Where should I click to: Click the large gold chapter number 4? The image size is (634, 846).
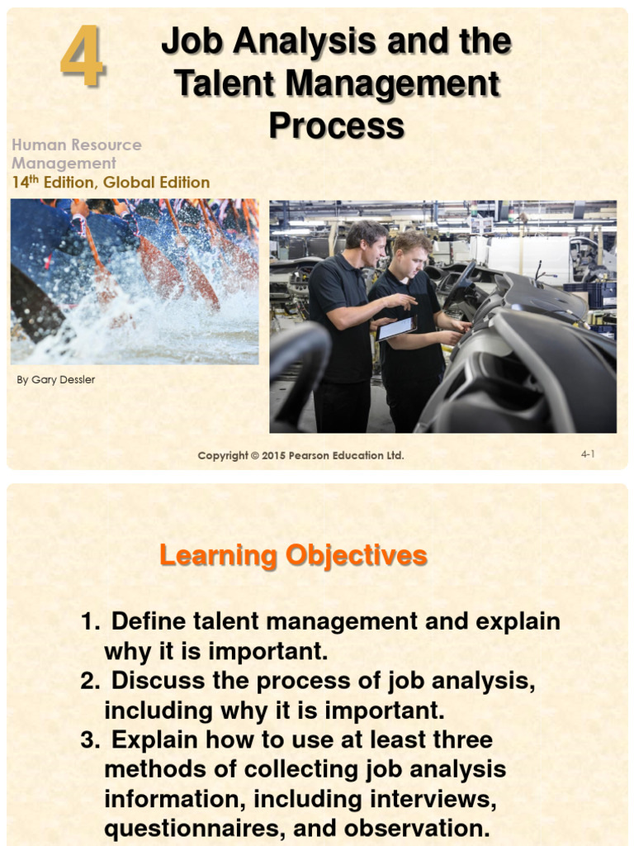tap(82, 57)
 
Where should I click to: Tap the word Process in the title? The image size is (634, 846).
tap(336, 126)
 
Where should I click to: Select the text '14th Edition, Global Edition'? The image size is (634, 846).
tap(111, 183)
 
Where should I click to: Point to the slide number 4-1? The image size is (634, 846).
tap(588, 454)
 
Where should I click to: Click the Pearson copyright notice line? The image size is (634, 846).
tap(300, 455)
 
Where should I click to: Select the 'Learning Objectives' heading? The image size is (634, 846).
tap(293, 555)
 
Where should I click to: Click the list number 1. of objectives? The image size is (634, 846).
tap(90, 621)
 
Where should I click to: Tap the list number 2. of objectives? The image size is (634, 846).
tap(90, 681)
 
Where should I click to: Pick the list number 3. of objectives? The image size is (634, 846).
tap(90, 740)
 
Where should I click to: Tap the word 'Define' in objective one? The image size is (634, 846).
tap(149, 621)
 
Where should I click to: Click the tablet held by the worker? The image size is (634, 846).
tap(396, 328)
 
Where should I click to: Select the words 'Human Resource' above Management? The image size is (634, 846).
tap(77, 145)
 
